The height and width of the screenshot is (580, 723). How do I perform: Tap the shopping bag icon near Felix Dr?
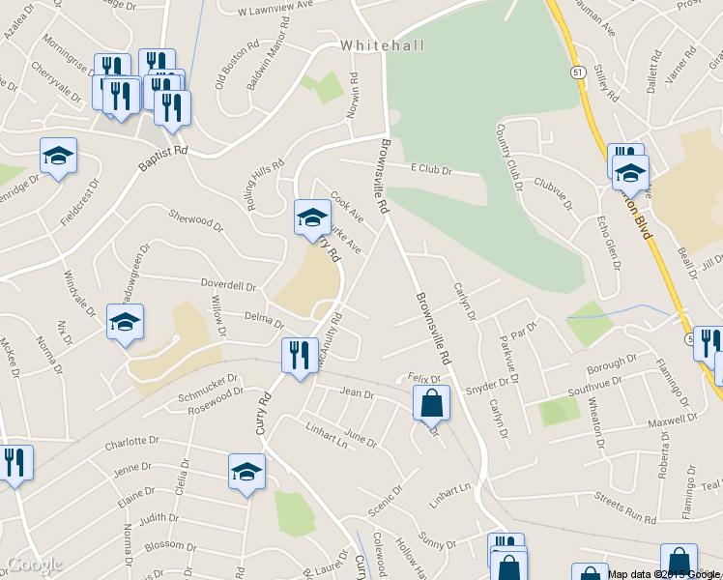click(431, 402)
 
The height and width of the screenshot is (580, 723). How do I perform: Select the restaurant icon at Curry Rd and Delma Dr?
click(300, 355)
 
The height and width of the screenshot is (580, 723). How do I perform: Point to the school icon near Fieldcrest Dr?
click(58, 156)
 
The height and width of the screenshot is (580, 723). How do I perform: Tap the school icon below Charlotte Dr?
click(246, 473)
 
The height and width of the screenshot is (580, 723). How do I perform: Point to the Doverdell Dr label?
click(228, 286)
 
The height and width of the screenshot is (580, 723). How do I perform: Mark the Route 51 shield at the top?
click(577, 73)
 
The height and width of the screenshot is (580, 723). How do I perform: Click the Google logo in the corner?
click(34, 565)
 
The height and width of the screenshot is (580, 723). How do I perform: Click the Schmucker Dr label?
click(207, 389)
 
